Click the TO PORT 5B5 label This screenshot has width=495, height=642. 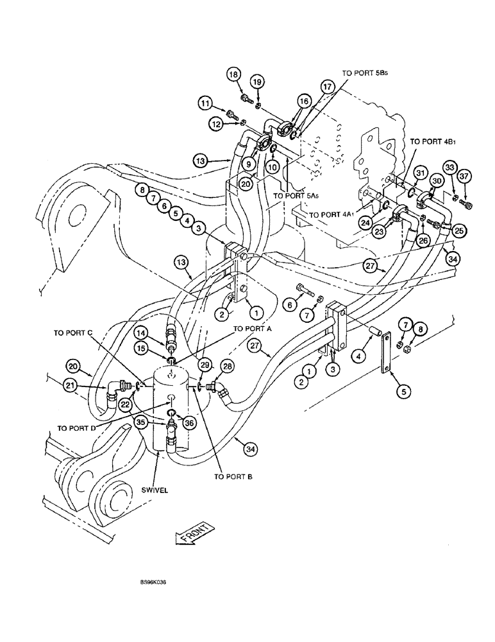coord(366,74)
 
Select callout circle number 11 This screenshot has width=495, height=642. coord(205,103)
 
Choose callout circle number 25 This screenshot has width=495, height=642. coord(459,230)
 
